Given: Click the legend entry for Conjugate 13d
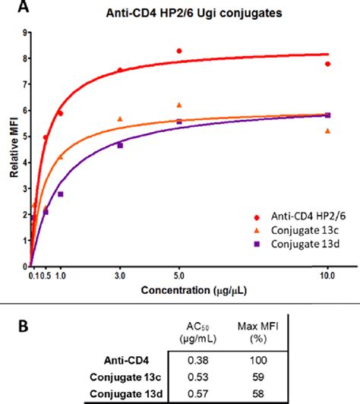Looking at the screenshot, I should tap(292, 245).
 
